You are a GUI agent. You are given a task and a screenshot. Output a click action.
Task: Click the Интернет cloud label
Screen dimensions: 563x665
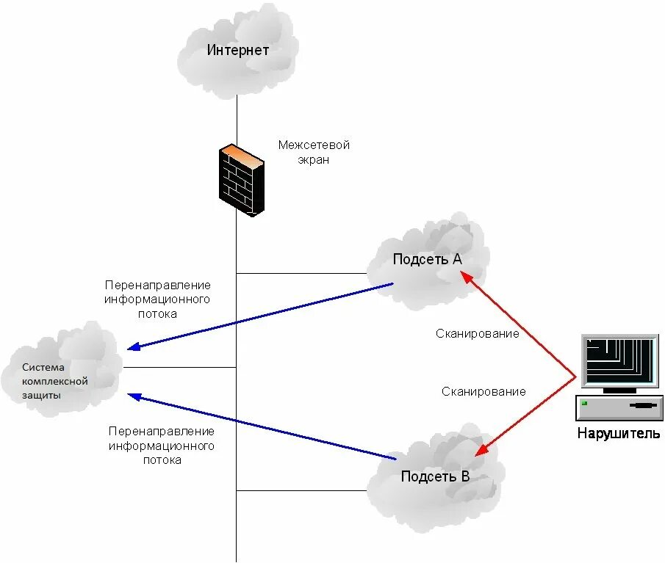coord(237,51)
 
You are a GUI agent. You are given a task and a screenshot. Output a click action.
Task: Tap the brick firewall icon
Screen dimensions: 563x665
coord(240,180)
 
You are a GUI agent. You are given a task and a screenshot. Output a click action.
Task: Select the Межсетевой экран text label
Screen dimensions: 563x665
coord(314,152)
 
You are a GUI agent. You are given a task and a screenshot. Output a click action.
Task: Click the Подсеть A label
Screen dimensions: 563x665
coord(427,258)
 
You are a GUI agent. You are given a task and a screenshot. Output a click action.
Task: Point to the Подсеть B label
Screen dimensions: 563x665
coord(435,476)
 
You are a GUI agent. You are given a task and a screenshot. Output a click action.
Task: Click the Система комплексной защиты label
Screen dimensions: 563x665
coord(54,381)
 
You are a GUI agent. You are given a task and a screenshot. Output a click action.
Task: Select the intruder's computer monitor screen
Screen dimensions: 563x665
coord(619,361)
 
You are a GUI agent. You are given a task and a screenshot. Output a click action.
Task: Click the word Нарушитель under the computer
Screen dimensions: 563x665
coord(619,433)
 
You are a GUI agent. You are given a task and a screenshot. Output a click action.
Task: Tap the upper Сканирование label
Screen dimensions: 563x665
coord(477,333)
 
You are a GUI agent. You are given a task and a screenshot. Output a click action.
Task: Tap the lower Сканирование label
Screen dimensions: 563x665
coord(484,391)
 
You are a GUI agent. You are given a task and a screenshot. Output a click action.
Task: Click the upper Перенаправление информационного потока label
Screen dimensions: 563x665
coord(157,299)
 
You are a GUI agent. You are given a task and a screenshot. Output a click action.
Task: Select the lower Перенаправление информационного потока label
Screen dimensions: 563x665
coord(162,446)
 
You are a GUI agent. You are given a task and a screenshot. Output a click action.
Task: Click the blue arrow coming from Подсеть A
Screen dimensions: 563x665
coord(265,316)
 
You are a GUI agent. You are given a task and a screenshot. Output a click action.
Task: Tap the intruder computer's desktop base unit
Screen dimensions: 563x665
coord(619,405)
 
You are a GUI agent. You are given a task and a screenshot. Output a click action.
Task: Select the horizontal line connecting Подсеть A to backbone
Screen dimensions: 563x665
coord(301,274)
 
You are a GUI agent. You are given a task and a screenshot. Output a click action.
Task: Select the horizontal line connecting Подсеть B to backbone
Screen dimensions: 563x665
coord(301,490)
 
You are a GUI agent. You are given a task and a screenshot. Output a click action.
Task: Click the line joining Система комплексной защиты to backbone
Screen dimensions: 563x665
coord(180,367)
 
